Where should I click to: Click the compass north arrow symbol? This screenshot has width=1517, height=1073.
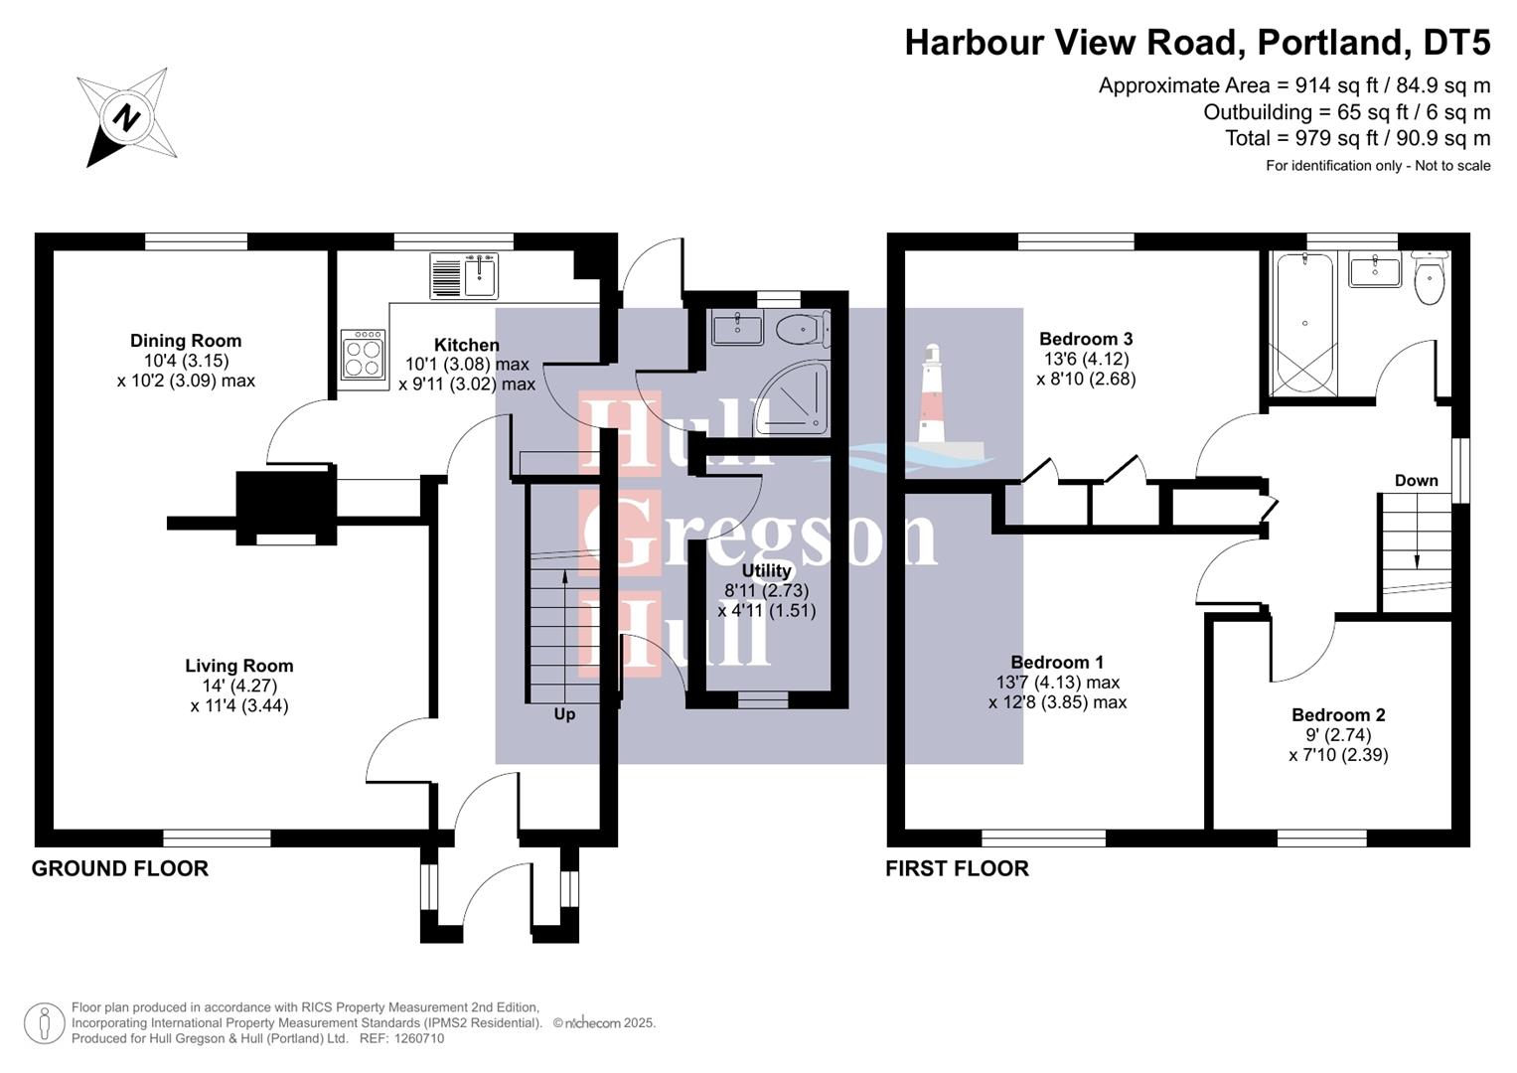pos(126,118)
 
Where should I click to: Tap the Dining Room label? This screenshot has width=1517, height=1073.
pos(186,341)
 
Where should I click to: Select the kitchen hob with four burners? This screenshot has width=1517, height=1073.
pos(363,355)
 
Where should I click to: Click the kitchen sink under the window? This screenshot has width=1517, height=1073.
pos(464,275)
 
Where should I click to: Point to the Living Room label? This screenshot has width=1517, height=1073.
pos(239,666)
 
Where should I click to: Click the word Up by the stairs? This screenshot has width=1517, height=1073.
pos(564,714)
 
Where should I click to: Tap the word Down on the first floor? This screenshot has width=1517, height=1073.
pos(1416,481)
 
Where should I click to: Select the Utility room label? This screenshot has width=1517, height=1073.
pos(766,570)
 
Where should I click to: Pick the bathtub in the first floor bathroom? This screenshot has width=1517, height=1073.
pos(1303,323)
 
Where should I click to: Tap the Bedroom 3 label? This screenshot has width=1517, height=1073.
pos(1086,339)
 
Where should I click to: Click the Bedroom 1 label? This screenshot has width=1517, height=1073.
pos(1057,663)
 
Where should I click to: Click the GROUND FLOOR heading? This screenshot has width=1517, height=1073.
pos(120,868)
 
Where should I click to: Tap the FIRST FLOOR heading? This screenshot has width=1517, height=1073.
pos(957,868)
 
